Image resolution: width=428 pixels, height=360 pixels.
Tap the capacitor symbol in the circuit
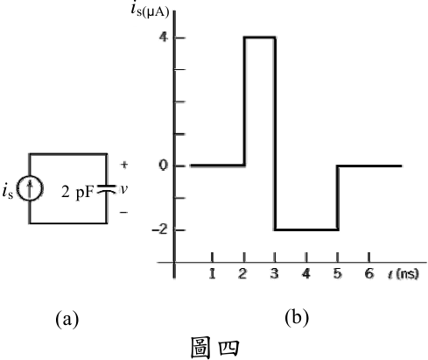click(x=107, y=188)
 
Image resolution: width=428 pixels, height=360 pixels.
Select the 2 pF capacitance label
click(x=78, y=192)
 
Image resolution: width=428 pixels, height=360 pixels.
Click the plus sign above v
click(x=124, y=165)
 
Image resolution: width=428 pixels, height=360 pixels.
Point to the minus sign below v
click(x=123, y=212)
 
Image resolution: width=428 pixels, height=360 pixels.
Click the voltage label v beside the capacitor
click(x=124, y=189)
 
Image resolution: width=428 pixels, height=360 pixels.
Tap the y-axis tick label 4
click(x=164, y=37)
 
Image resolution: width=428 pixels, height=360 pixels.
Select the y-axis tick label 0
click(x=164, y=166)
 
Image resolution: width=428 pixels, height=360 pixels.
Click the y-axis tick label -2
click(x=160, y=229)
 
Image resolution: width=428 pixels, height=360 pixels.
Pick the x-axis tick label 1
click(x=212, y=273)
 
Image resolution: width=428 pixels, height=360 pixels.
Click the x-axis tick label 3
click(x=275, y=273)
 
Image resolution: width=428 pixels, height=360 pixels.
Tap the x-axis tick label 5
click(x=337, y=273)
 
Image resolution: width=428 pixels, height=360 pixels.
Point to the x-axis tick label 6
click(x=369, y=273)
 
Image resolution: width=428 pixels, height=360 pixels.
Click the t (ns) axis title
click(x=403, y=274)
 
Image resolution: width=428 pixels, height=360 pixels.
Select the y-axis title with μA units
click(x=150, y=10)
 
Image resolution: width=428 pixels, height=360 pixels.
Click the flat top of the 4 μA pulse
click(x=260, y=37)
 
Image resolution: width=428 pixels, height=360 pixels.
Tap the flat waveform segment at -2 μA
click(x=306, y=229)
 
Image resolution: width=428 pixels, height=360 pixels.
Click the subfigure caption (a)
click(x=67, y=318)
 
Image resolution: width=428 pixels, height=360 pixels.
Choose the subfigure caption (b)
click(x=297, y=317)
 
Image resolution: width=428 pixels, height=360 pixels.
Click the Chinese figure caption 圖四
click(x=215, y=348)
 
